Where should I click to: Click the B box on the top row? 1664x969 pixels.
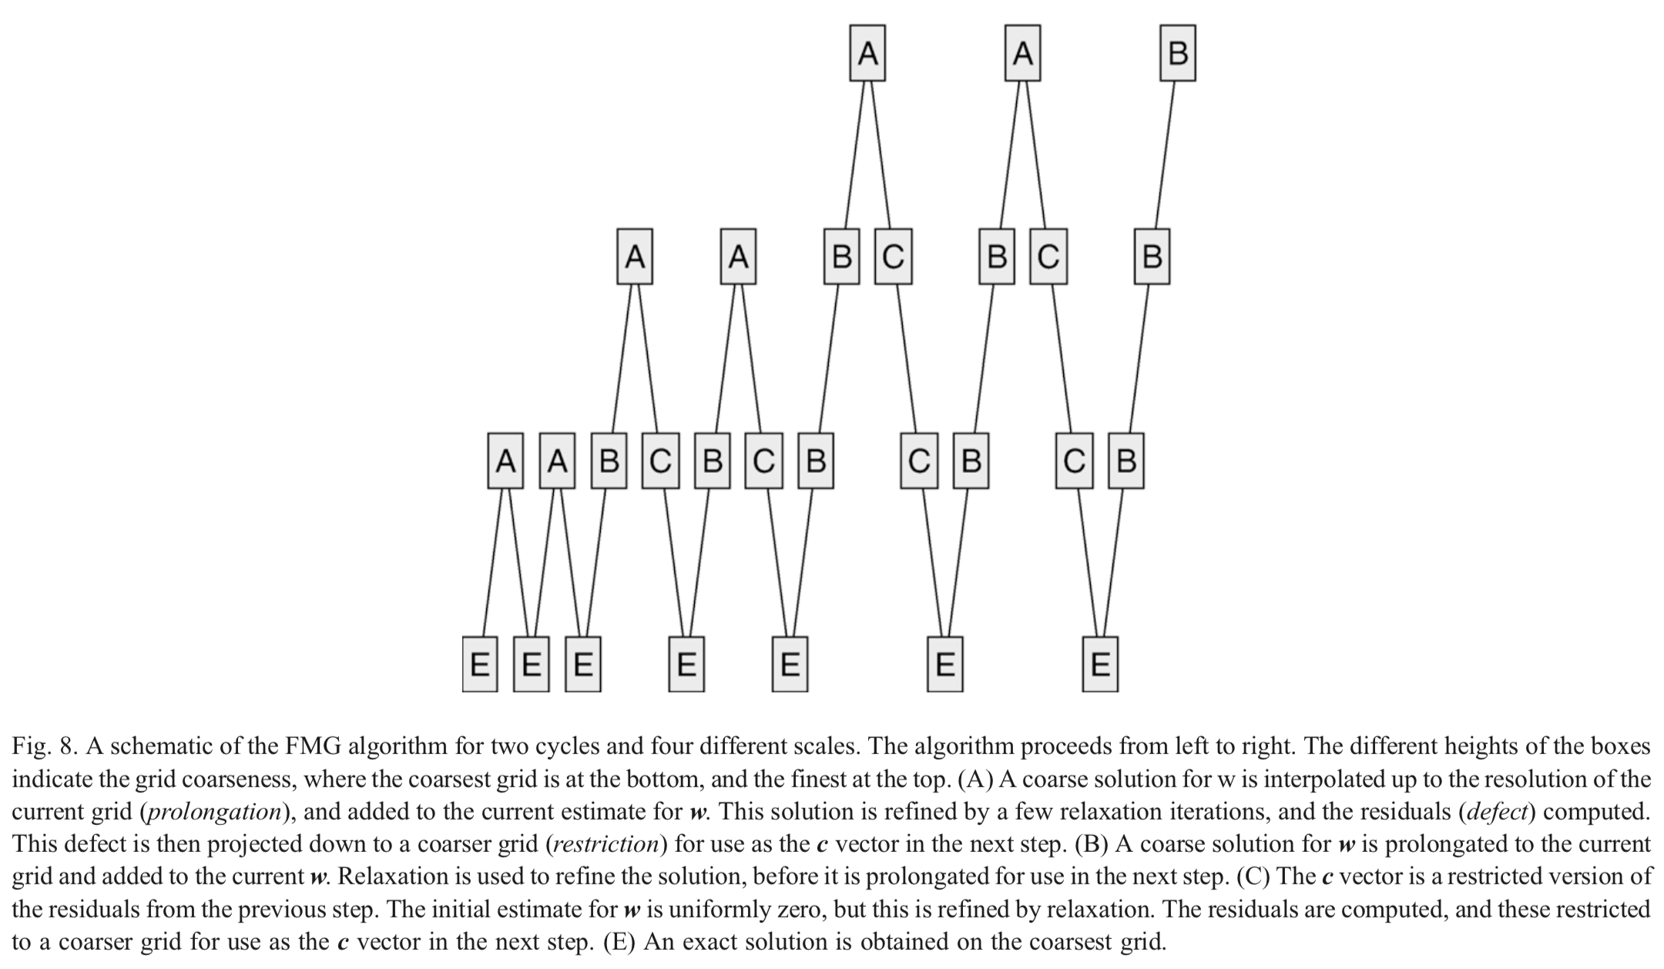[x=1177, y=53]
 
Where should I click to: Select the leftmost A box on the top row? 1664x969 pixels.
[x=867, y=53]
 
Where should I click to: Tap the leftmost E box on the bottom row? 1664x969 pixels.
[x=479, y=664]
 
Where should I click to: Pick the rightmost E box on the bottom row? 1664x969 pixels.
[x=1099, y=664]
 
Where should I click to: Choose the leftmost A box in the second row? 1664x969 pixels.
[x=635, y=256]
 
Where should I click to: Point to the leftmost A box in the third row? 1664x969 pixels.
[x=505, y=461]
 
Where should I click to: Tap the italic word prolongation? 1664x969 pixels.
[x=213, y=811]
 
